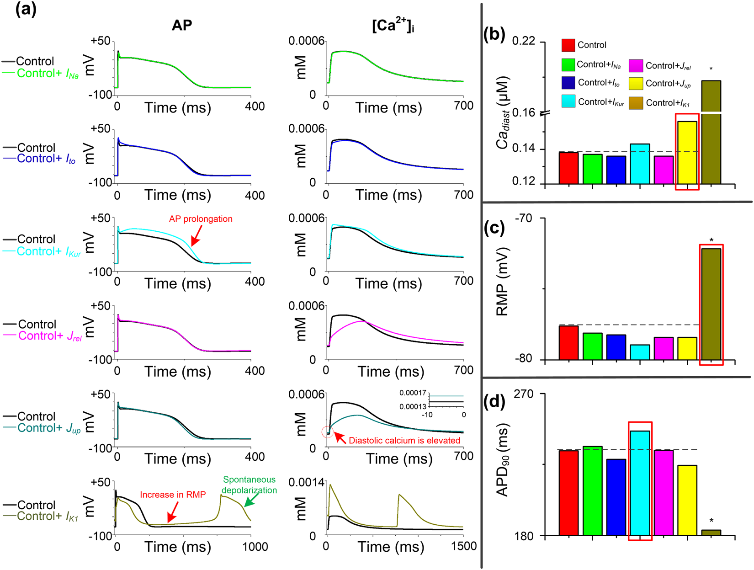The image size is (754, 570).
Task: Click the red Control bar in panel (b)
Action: click(568, 168)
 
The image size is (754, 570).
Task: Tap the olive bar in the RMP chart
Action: click(711, 304)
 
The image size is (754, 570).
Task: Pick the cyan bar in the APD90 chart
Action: click(640, 482)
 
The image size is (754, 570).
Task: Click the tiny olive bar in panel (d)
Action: click(711, 533)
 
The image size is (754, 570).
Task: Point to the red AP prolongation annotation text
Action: click(201, 219)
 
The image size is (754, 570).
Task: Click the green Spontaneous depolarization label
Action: click(249, 485)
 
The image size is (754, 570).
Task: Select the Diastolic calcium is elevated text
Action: click(404, 441)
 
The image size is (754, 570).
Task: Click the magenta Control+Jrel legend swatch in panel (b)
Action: click(636, 66)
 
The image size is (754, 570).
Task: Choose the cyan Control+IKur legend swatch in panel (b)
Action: click(568, 101)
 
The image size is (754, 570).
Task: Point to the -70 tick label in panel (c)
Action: click(523, 218)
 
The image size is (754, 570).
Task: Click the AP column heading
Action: click(181, 26)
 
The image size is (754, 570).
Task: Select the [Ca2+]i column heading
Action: click(393, 26)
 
